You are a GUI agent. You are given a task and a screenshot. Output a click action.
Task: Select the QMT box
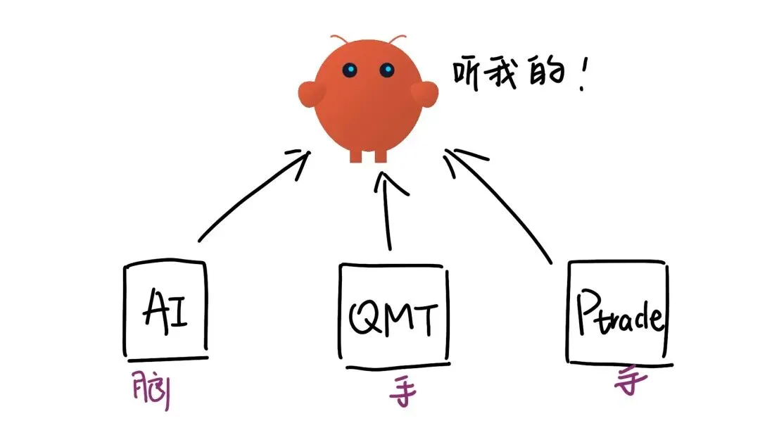(392, 316)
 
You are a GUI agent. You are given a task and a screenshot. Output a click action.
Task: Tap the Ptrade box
(617, 313)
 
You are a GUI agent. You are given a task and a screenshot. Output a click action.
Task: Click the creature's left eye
(350, 70)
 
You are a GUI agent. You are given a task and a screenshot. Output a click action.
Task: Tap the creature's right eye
(386, 70)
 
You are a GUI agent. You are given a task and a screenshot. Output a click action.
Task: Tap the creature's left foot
(356, 155)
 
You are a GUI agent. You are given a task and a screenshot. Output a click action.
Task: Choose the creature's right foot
(381, 155)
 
